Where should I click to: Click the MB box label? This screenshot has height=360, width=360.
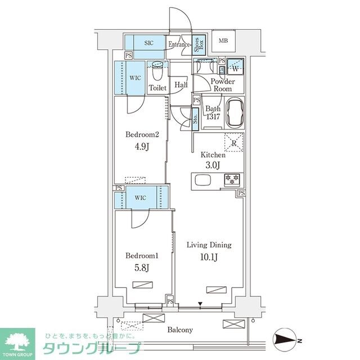(x=223, y=40)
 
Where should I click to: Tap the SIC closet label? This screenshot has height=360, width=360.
(x=149, y=43)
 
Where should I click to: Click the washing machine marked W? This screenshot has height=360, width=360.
(x=236, y=69)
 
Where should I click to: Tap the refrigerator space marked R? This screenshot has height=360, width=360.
(x=233, y=143)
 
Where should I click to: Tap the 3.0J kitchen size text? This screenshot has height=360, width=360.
(x=213, y=166)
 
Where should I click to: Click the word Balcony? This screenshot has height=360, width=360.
(x=179, y=330)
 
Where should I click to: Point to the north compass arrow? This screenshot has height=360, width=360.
(x=287, y=340)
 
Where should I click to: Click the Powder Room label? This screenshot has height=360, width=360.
(x=222, y=85)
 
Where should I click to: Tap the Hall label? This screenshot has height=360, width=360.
(x=181, y=85)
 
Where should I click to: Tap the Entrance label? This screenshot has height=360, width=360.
(x=178, y=44)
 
